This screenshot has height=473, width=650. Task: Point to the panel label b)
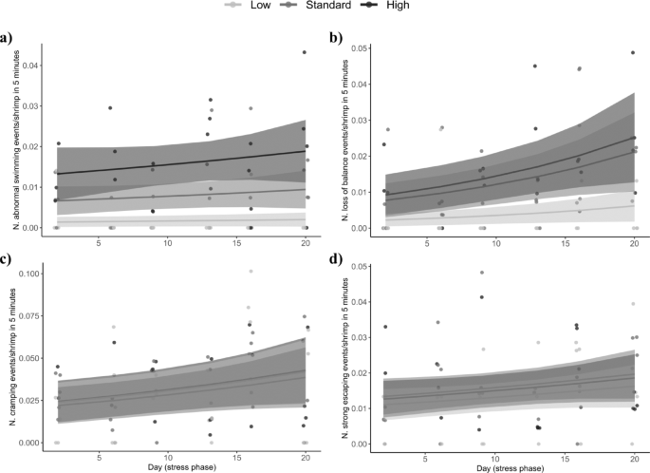(x=337, y=39)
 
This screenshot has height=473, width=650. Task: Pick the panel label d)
(x=337, y=259)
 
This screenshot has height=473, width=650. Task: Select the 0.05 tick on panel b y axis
(x=362, y=47)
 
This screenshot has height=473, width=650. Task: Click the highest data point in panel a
(x=305, y=52)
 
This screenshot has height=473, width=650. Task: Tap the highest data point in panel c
(x=251, y=272)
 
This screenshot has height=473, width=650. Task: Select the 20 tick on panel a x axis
(x=305, y=243)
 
